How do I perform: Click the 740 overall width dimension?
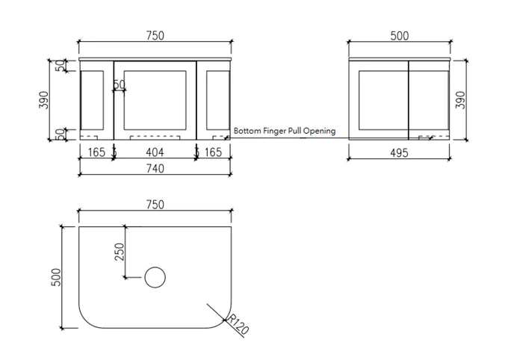click(x=155, y=169)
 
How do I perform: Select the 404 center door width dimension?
click(x=155, y=152)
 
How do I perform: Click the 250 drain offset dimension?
click(x=118, y=252)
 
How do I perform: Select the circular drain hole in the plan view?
click(x=155, y=278)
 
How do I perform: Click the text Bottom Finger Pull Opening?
click(x=284, y=131)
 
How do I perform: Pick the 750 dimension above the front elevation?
click(x=155, y=35)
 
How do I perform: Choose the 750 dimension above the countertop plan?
click(x=155, y=205)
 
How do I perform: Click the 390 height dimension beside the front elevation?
click(x=45, y=99)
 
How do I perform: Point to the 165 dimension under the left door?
click(x=96, y=152)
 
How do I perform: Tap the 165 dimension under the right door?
click(x=214, y=152)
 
